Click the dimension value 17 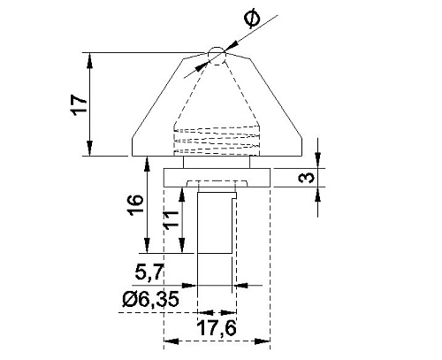[79, 105]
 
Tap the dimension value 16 [135, 204]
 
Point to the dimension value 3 [307, 178]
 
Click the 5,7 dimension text [149, 272]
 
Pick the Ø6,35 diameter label [150, 299]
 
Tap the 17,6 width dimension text [217, 327]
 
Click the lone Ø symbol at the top [253, 20]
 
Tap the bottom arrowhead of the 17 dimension [90, 149]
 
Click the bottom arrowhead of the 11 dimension [182, 246]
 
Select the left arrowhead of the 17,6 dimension [171, 341]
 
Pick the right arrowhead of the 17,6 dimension [263, 341]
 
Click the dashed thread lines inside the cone [217, 141]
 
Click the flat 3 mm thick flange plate [217, 178]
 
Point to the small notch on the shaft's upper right [234, 195]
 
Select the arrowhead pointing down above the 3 [317, 161]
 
